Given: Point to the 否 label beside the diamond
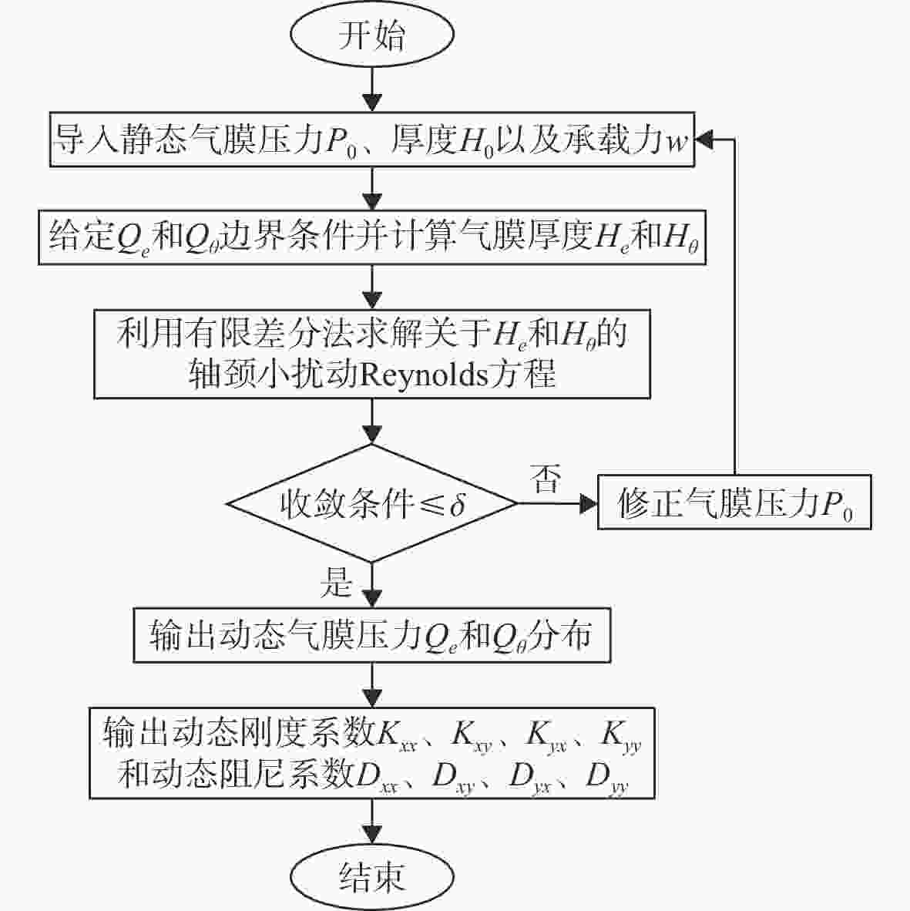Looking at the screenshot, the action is click(x=546, y=479).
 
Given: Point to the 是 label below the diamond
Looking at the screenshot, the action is click(x=336, y=582).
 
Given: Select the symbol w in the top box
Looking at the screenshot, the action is click(x=677, y=142).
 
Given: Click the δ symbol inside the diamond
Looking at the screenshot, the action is click(x=457, y=503).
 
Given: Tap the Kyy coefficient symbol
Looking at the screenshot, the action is click(x=621, y=735).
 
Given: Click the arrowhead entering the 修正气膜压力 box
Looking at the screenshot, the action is click(x=589, y=504).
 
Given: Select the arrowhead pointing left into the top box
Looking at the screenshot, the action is click(x=704, y=140).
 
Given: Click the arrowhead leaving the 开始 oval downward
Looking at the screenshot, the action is click(x=371, y=103).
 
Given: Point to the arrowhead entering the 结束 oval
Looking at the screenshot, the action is click(x=371, y=834).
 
